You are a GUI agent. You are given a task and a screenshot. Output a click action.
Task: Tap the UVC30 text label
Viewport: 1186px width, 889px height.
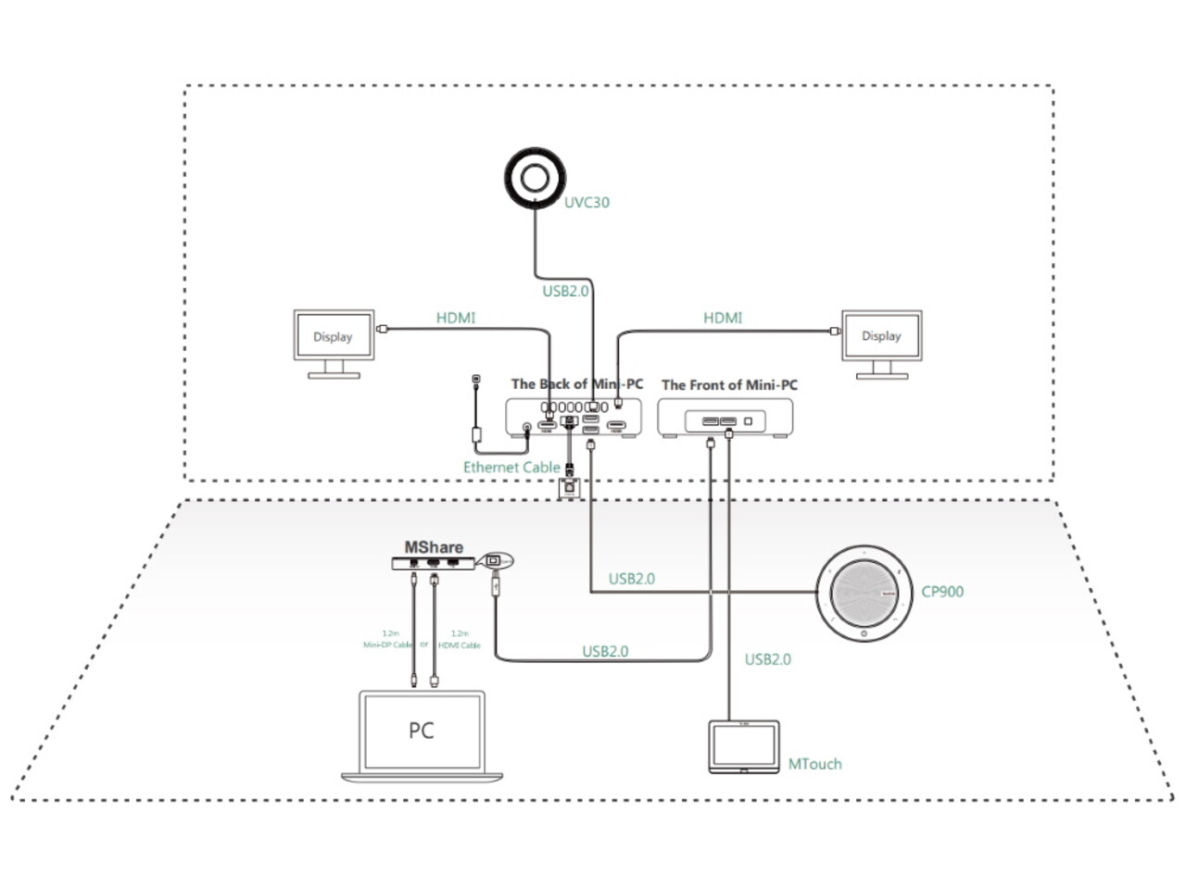587,202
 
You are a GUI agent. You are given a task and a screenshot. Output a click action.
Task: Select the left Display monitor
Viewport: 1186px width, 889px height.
333,336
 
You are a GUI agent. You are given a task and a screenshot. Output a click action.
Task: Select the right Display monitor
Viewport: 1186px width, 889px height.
881,336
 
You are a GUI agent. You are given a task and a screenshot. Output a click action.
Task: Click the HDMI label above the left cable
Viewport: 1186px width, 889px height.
456,318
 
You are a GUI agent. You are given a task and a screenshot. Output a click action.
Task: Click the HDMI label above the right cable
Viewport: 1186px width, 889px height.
723,318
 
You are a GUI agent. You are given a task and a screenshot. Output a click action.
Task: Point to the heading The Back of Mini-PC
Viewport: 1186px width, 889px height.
576,383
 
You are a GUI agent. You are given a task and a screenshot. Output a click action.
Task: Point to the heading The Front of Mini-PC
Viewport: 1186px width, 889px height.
729,384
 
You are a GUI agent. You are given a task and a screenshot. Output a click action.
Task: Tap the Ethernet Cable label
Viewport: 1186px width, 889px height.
511,468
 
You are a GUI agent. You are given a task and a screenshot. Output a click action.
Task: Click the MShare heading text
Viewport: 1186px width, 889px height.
434,547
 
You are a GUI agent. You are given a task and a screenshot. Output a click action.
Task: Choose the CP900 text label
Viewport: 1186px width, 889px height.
942,592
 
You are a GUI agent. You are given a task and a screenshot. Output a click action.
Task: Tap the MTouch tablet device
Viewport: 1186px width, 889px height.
744,746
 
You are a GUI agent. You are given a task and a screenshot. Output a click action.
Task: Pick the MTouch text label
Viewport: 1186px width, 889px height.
814,764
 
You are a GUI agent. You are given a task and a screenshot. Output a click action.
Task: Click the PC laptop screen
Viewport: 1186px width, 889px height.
422,731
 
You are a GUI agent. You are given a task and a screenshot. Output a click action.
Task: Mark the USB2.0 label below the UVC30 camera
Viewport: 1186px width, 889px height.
565,291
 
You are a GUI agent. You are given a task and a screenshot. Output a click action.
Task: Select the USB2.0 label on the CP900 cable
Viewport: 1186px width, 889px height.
631,579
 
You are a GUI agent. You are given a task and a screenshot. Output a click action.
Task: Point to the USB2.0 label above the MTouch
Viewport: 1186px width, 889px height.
768,659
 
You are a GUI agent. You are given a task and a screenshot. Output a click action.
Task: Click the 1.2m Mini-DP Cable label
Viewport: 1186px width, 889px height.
388,639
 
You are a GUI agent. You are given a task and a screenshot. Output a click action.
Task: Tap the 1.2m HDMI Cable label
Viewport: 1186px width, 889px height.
460,639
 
